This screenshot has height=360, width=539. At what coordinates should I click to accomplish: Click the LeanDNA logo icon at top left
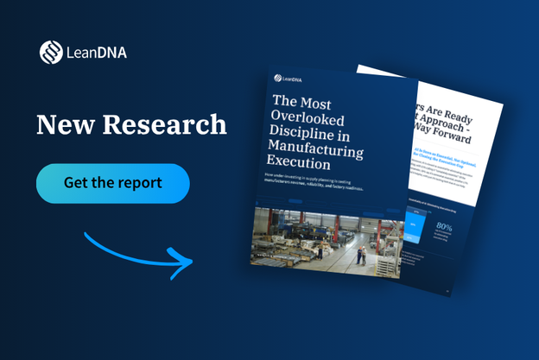(x=50, y=52)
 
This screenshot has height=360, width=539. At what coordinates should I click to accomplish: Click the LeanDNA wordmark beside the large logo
(x=97, y=53)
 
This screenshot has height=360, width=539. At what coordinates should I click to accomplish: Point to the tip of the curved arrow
(x=191, y=259)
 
